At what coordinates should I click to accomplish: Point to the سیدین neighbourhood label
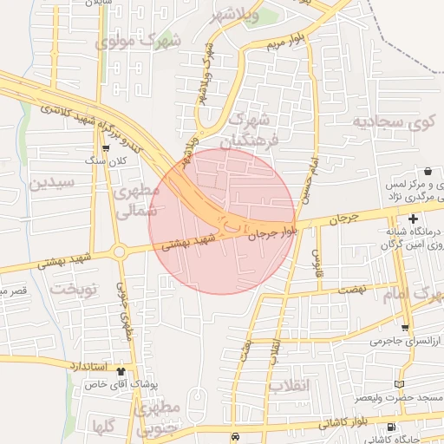52,183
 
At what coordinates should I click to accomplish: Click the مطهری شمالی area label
136,199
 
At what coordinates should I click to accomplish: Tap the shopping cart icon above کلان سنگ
106,148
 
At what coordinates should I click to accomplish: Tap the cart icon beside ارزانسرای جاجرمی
405,328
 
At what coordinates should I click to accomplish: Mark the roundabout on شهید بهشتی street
120,252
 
